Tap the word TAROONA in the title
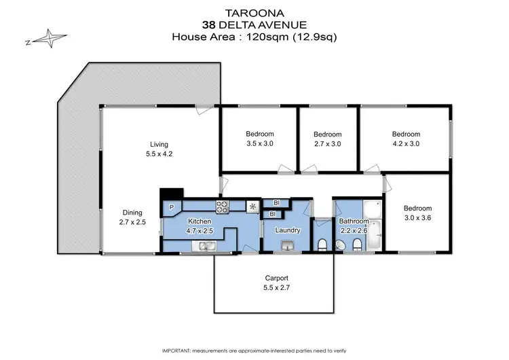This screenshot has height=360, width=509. (254, 12)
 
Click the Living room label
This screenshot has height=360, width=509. (159, 144)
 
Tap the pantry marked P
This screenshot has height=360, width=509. (170, 207)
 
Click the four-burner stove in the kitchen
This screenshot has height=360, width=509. (223, 205)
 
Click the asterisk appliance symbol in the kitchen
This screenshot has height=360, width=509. (252, 206)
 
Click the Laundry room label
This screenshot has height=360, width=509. (287, 230)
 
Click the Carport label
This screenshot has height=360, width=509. (276, 278)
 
